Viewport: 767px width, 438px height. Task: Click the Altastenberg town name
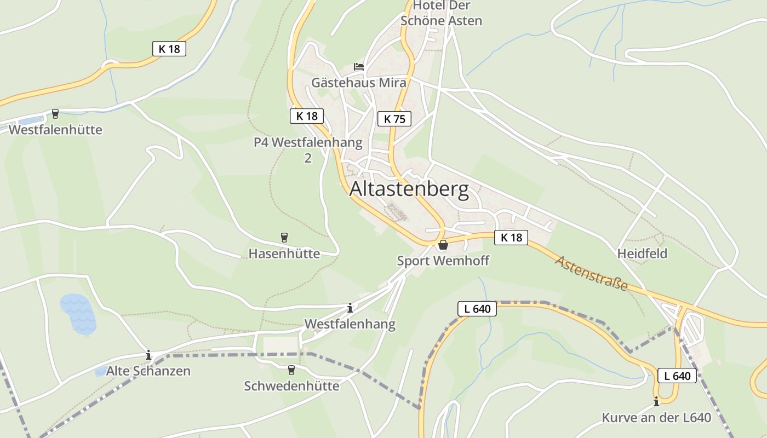point(409,189)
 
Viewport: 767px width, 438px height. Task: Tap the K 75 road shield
point(394,118)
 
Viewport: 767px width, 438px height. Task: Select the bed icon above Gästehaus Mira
point(359,67)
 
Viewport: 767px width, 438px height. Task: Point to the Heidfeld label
point(642,253)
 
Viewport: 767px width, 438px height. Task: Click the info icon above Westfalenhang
point(350,308)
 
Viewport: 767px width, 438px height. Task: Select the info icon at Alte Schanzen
point(148,355)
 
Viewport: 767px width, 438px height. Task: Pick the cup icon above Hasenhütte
point(284,237)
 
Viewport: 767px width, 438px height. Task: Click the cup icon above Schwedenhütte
point(291,370)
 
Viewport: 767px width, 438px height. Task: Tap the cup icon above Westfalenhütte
point(55,114)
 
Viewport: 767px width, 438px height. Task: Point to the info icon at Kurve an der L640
point(656,401)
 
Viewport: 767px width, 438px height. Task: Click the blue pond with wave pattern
point(79,314)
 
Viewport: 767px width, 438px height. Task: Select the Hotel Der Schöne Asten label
point(441,13)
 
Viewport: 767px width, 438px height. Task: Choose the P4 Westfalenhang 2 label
point(308,149)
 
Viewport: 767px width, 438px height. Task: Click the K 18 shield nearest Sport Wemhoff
point(511,237)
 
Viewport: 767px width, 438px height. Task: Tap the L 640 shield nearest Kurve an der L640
point(677,376)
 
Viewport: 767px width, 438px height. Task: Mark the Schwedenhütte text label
point(291,386)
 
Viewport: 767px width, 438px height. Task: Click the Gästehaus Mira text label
point(359,83)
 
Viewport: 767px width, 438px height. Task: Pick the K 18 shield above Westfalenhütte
point(169,49)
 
